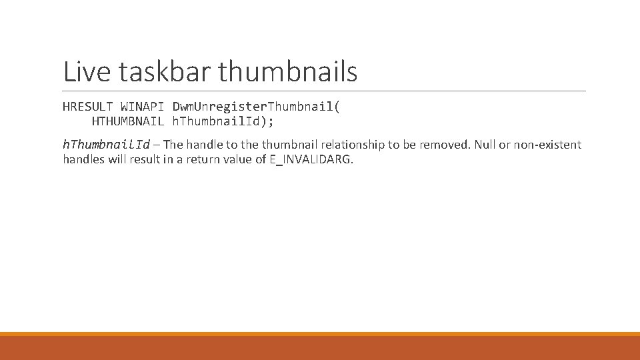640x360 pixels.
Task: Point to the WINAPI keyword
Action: [x=142, y=107]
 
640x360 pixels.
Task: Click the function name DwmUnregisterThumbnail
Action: [x=256, y=107]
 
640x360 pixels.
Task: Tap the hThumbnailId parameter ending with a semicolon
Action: [x=223, y=121]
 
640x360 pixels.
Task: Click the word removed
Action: [x=445, y=145]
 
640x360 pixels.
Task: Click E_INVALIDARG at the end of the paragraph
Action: [x=311, y=160]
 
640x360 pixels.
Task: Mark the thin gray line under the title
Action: [x=324, y=91]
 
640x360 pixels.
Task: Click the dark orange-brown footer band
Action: [x=320, y=348]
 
